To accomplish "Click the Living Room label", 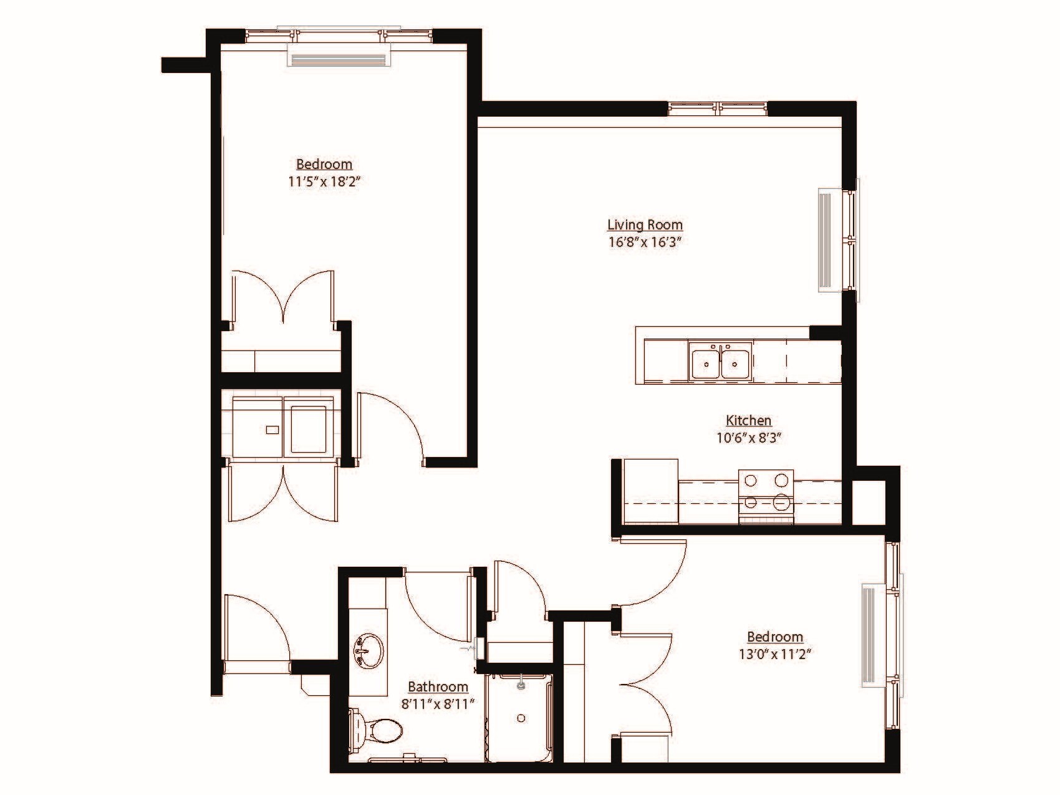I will click(645, 224).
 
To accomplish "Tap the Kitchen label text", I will click(748, 420).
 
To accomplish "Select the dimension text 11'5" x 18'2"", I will click(324, 182).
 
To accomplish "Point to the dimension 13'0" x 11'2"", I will click(775, 654).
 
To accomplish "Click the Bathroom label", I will click(438, 687).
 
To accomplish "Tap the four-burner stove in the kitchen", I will click(766, 492).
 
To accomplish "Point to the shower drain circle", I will click(521, 718).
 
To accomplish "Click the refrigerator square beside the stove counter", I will click(650, 491).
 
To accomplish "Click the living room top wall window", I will click(718, 109).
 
